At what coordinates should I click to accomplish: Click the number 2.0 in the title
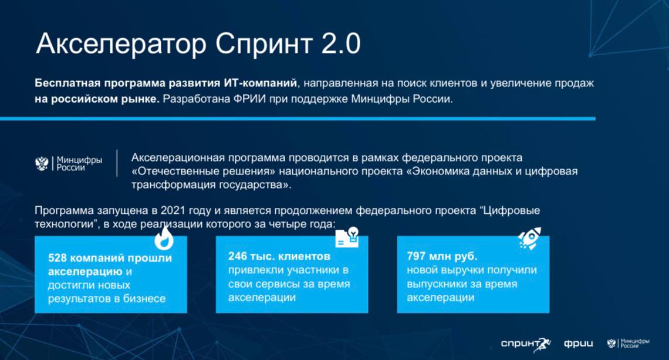click(340, 43)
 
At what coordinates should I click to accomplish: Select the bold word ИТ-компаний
click(260, 83)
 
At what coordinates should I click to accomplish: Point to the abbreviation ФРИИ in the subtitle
click(249, 99)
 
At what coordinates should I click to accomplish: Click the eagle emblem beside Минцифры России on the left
click(42, 163)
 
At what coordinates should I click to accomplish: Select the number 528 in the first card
click(57, 258)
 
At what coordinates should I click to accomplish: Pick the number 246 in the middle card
click(237, 256)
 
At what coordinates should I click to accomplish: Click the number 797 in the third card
click(416, 256)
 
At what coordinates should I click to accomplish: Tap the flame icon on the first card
click(164, 238)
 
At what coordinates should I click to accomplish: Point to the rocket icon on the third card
click(529, 238)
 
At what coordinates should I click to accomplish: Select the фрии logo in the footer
click(579, 344)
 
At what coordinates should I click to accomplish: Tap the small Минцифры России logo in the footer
click(628, 343)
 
